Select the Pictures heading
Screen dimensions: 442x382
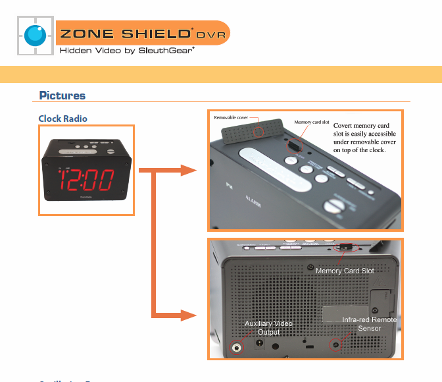(x=62, y=95)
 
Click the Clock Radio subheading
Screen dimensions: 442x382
(x=62, y=119)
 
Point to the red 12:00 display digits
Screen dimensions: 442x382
(x=86, y=180)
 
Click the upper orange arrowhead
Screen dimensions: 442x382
(x=189, y=171)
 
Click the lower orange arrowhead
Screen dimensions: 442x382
(x=189, y=317)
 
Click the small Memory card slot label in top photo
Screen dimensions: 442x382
(x=312, y=122)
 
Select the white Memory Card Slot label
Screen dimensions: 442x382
(x=345, y=271)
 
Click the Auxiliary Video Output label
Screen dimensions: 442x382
(x=268, y=327)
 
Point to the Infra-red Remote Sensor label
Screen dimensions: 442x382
(x=369, y=323)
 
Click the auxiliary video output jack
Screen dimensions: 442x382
(x=236, y=347)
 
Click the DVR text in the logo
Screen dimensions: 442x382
(x=212, y=34)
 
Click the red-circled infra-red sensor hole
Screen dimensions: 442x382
(x=336, y=344)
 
